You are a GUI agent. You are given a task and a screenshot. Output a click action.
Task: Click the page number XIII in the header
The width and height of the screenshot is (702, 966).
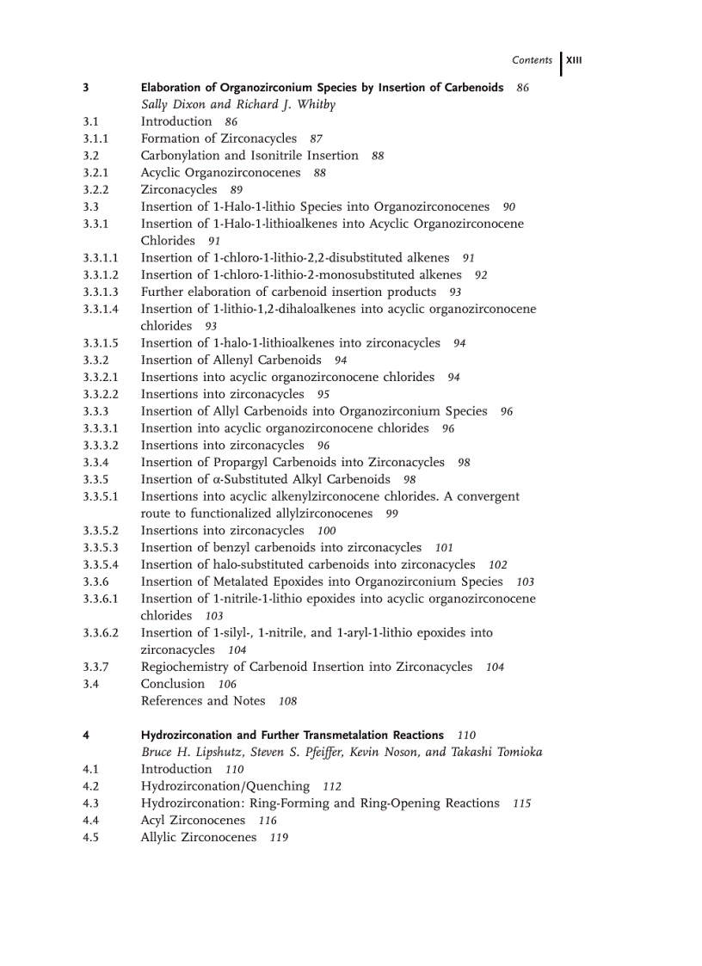tap(575, 60)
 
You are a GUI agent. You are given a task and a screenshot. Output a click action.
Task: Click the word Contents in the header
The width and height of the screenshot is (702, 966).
tap(532, 60)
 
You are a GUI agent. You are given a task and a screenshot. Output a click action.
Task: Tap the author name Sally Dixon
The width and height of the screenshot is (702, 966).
tap(175, 104)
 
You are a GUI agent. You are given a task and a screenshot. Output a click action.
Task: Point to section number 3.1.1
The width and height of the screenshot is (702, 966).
tap(95, 138)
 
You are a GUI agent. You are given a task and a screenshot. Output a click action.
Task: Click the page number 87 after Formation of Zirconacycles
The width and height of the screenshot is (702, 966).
tap(316, 139)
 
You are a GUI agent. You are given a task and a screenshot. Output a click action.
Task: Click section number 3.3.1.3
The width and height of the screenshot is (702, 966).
tap(101, 292)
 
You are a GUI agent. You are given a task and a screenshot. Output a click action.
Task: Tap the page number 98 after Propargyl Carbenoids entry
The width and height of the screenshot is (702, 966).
tap(464, 463)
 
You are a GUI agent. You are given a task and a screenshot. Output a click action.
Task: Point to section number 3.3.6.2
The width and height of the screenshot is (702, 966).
tap(101, 633)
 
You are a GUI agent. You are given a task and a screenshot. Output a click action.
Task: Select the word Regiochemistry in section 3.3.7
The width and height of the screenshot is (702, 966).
tap(183, 667)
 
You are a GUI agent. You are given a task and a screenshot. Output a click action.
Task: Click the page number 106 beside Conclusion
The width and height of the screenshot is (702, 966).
tap(227, 685)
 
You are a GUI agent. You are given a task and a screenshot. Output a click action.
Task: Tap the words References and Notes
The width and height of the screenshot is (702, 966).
tap(203, 701)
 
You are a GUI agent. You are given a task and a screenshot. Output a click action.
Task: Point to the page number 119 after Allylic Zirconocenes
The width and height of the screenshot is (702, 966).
tap(279, 838)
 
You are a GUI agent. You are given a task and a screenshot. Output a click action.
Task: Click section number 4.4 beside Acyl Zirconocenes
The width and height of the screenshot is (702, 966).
tap(90, 821)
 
